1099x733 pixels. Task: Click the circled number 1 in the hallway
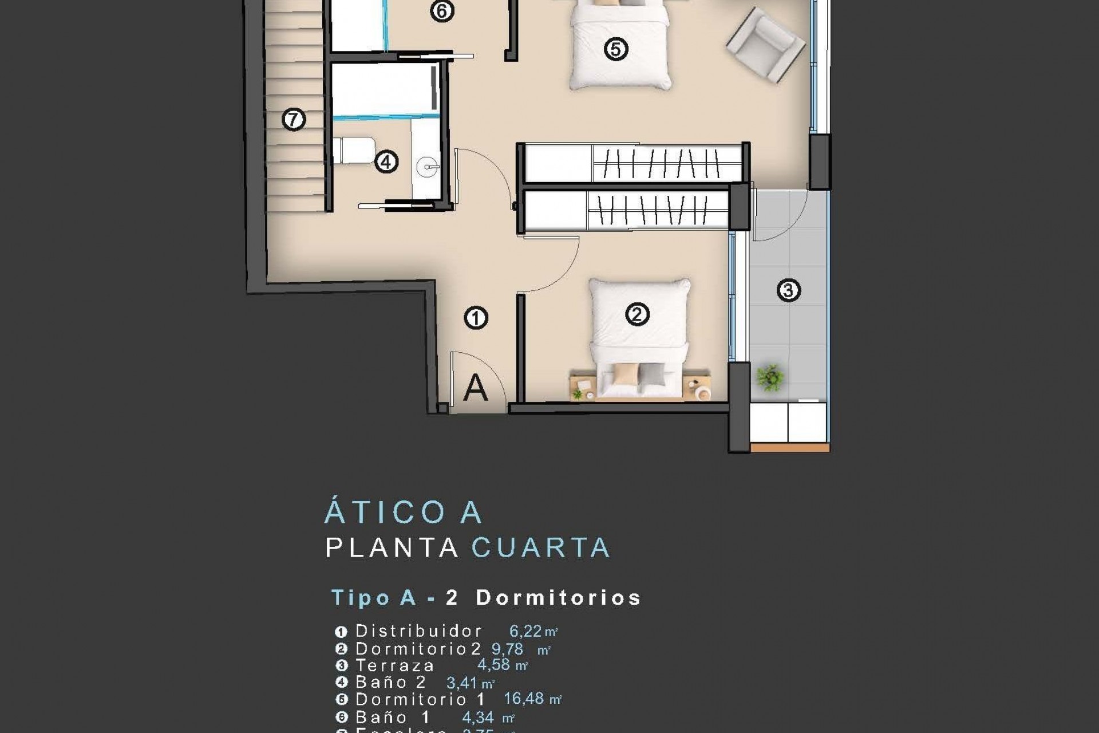click(476, 318)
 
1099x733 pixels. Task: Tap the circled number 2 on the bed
click(637, 314)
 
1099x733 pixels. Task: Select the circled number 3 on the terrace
click(788, 290)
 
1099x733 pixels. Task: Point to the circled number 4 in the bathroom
click(386, 162)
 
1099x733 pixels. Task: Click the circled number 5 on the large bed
click(616, 49)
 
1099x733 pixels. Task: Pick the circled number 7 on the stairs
click(294, 120)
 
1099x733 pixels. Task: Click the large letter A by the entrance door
click(475, 388)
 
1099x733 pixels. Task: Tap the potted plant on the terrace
click(770, 378)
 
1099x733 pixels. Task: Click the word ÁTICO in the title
click(385, 512)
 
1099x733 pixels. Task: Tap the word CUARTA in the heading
click(541, 548)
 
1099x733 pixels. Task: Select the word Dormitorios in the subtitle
click(558, 598)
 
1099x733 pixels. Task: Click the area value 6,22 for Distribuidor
click(525, 632)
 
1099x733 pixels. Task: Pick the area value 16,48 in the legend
click(524, 699)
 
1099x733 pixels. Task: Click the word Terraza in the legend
click(395, 665)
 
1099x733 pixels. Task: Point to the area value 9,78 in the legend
click(507, 649)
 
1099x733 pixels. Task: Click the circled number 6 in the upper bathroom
click(442, 11)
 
